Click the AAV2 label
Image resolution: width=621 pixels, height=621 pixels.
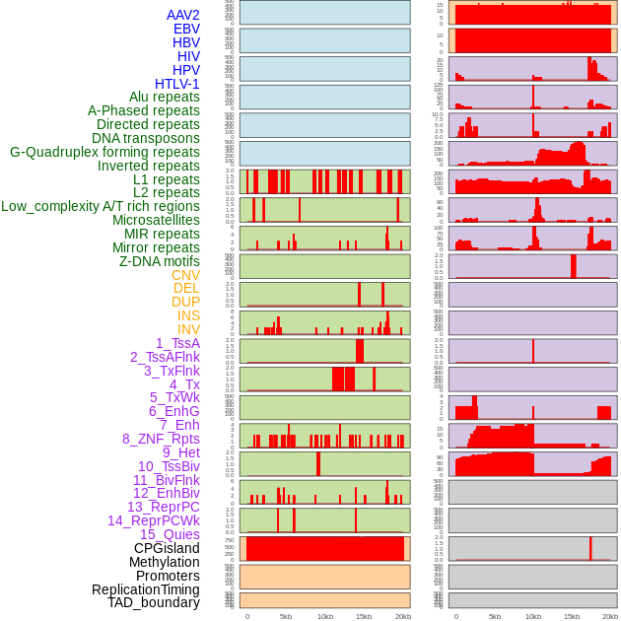coord(183,16)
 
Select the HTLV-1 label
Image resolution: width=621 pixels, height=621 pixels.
coord(177,84)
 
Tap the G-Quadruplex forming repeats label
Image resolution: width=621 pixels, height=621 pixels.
coord(104,152)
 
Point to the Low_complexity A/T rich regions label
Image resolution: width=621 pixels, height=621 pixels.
coord(101,206)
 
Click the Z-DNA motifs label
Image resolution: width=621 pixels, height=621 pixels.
coord(160,261)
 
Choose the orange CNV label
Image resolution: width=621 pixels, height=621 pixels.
coord(185,275)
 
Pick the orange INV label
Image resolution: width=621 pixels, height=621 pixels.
coord(188,329)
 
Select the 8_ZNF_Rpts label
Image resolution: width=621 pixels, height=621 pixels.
coord(161,439)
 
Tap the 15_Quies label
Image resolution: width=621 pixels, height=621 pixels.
coord(170,534)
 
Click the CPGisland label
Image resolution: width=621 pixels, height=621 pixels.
coord(167,548)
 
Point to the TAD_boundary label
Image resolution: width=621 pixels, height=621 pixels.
coord(154,602)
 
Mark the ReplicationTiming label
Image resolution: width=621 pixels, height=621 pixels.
coord(145,589)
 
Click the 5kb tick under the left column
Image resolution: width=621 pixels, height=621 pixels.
coord(286,616)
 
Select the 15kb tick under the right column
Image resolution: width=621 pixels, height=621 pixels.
coord(572,616)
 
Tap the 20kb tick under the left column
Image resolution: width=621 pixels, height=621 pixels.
coord(402,616)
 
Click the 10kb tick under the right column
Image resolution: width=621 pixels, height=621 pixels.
coord(533,616)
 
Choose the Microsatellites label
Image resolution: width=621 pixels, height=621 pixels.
coord(156,220)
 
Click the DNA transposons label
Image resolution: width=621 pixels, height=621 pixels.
coord(146,138)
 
